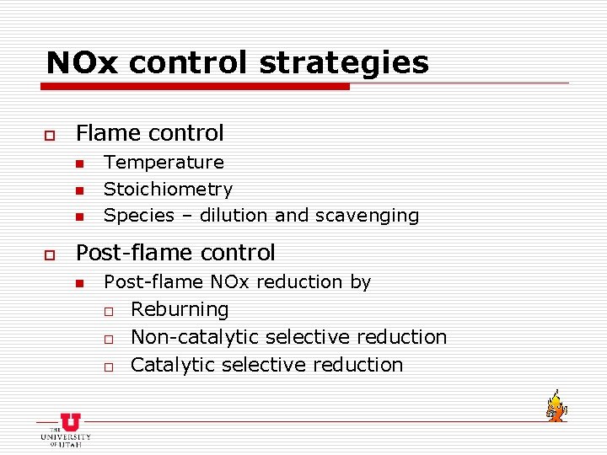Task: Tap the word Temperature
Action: [164, 162]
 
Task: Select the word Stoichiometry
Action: [168, 190]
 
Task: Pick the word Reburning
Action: [180, 309]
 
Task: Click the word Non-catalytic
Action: [195, 337]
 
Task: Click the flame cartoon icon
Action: [555, 406]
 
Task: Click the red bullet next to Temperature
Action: [79, 163]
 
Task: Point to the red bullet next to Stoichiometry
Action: [79, 190]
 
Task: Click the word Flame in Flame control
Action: [108, 133]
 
